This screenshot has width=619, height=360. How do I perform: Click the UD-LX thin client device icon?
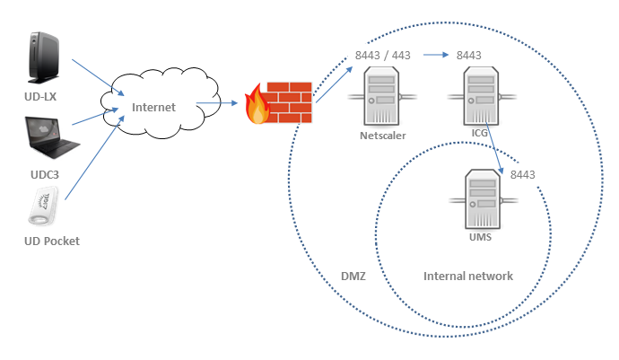42,56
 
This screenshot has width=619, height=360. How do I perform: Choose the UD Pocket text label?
51,241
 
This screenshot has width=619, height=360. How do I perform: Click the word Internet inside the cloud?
154,108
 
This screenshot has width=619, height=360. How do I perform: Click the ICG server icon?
481,97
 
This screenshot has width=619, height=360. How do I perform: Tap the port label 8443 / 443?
383,55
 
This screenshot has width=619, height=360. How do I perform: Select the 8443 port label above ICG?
469,55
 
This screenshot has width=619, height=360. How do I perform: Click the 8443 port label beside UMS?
522,174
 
